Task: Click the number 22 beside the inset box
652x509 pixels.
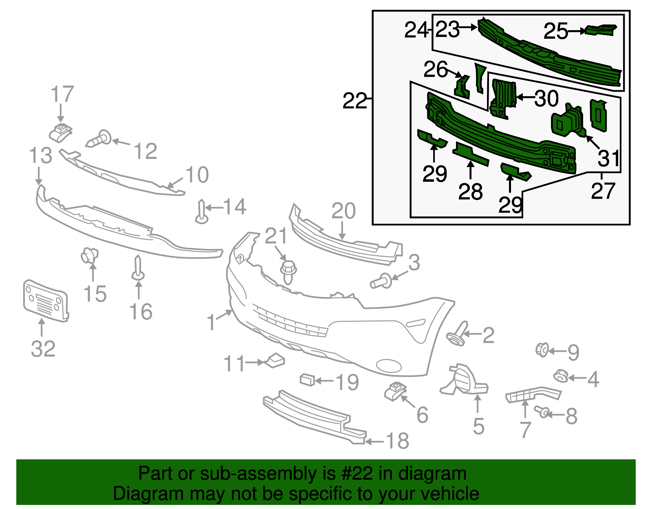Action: point(355,101)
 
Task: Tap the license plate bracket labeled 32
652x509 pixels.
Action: point(45,300)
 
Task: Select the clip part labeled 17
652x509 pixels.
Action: point(60,132)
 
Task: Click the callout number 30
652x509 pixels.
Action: point(546,98)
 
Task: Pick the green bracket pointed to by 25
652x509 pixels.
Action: point(601,30)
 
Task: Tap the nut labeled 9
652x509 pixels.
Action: point(542,350)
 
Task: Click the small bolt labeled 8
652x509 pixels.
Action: point(543,412)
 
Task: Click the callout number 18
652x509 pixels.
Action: point(397,441)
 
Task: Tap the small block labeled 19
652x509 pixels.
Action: point(307,380)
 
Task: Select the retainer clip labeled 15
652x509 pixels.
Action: point(89,255)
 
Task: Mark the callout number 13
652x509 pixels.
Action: point(41,156)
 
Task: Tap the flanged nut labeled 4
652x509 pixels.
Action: point(561,376)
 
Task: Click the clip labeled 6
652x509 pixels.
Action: point(394,391)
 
